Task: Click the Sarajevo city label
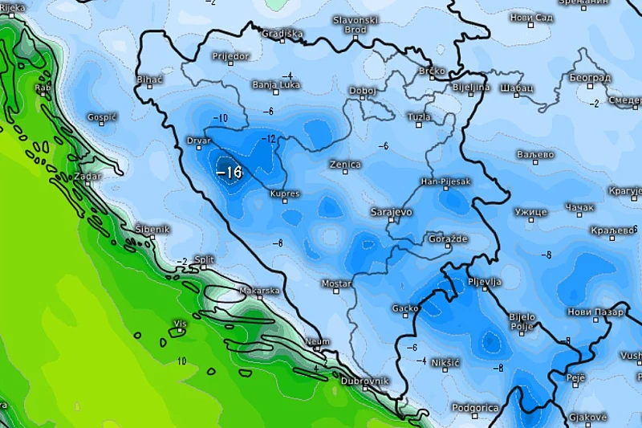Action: point(391,212)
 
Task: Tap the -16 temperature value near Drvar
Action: point(230,172)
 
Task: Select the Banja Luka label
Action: point(276,84)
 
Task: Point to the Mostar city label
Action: point(336,283)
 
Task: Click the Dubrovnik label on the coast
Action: point(364,381)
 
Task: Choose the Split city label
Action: point(204,259)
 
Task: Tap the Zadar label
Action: point(87,176)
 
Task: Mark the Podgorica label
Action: point(475,408)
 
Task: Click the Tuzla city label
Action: point(419,116)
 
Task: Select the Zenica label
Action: point(345,165)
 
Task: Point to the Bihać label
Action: point(150,80)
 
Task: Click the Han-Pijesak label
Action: point(445,181)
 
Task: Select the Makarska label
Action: point(259,291)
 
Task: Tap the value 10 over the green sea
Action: point(181,361)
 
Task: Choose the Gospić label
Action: point(102,116)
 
